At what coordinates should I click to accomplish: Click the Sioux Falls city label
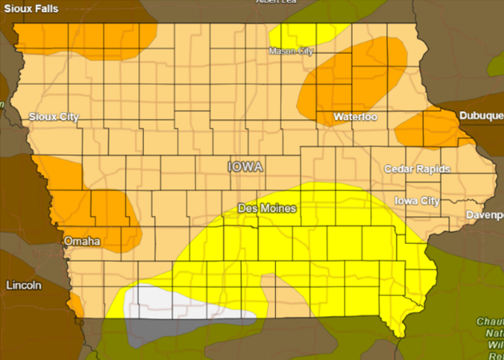34,8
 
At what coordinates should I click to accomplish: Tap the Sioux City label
54,117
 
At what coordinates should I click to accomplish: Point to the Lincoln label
24,285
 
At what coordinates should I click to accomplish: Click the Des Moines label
267,209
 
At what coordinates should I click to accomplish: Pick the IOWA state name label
246,166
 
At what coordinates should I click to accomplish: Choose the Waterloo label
354,117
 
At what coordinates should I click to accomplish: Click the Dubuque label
480,117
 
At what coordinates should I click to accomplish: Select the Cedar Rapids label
417,169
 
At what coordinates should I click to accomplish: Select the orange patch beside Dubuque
428,128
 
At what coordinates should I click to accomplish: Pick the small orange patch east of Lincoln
75,305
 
